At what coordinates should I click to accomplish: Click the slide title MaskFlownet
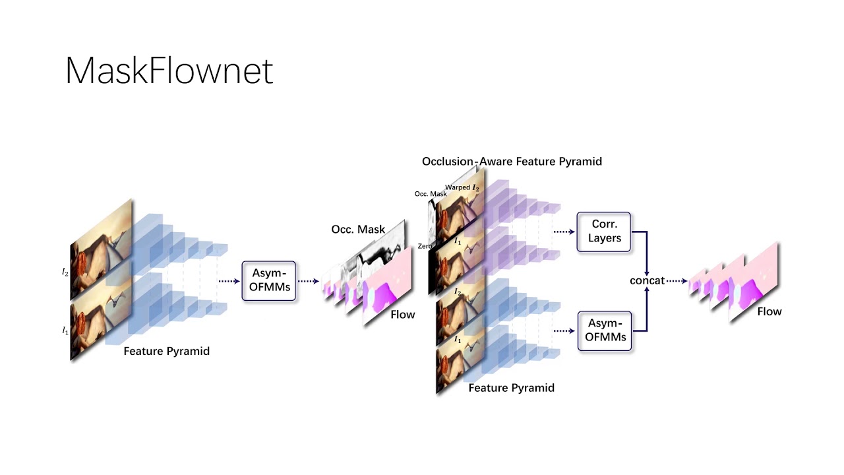(x=169, y=71)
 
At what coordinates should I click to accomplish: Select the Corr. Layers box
(x=604, y=232)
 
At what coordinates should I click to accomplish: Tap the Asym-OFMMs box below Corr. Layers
(x=605, y=331)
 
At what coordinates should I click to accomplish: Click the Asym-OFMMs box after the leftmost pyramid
(x=269, y=281)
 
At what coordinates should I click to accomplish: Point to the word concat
(x=647, y=280)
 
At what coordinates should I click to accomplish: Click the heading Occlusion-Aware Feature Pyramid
(x=512, y=161)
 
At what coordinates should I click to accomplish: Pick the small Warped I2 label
(x=462, y=188)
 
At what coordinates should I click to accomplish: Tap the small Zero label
(x=425, y=246)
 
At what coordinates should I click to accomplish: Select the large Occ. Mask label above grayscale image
(x=358, y=230)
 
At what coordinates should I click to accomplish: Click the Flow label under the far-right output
(x=769, y=311)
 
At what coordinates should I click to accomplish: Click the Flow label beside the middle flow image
(x=402, y=315)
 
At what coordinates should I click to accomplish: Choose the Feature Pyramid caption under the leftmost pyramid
(x=166, y=351)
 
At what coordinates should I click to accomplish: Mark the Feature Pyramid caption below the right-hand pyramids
(x=511, y=388)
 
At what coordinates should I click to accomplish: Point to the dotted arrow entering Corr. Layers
(x=564, y=232)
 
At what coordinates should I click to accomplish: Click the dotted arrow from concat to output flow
(x=677, y=280)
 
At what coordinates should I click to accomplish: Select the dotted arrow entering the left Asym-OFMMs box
(x=229, y=281)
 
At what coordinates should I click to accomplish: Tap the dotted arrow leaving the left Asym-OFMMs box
(x=308, y=281)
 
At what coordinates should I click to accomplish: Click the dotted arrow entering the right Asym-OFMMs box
(x=564, y=331)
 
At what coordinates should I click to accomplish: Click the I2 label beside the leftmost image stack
(x=65, y=272)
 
